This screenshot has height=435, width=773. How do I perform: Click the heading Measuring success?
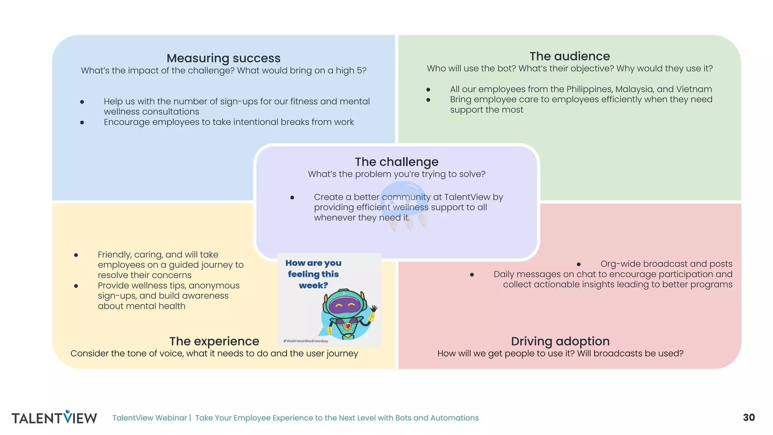(223, 58)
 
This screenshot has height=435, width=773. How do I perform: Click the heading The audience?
(570, 56)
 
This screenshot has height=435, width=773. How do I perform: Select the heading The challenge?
(397, 162)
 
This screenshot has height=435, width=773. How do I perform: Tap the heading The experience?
(214, 341)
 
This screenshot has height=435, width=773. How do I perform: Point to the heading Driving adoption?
(560, 341)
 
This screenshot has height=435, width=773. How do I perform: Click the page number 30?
(749, 417)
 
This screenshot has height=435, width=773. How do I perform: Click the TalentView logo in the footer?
(54, 417)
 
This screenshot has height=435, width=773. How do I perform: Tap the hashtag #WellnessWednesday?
(306, 341)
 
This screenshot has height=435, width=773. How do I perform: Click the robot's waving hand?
(374, 309)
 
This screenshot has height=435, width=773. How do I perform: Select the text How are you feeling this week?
(313, 274)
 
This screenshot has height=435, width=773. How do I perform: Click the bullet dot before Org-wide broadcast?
(579, 264)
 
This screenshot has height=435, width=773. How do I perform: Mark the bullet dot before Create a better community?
(292, 197)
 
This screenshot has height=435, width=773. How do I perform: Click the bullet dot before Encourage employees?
(82, 122)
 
